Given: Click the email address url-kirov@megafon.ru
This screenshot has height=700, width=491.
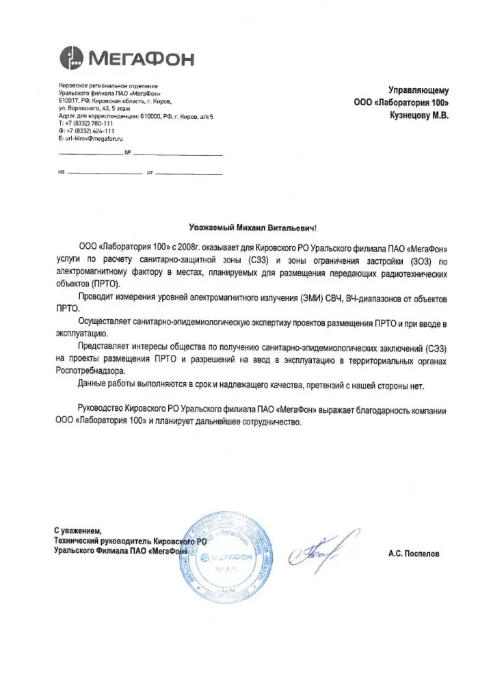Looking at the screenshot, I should (90, 138).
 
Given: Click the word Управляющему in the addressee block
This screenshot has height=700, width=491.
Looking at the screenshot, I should (419, 90).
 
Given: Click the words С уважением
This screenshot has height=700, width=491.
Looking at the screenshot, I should (77, 531).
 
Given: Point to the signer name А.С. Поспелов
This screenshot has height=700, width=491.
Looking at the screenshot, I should (414, 554).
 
